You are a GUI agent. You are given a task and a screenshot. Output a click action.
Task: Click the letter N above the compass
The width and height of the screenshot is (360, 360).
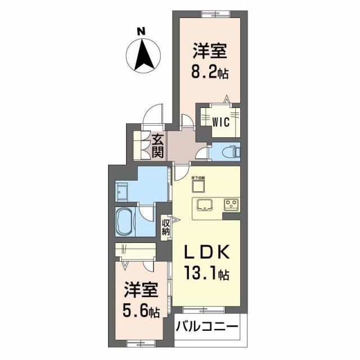pos(143,31)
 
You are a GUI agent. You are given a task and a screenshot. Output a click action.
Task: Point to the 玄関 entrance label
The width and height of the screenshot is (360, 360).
pos(157,145)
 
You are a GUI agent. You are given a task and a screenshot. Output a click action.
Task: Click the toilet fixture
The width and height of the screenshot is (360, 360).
pos(229,151)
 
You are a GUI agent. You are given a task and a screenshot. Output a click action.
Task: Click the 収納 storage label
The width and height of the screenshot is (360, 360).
pos(166,229)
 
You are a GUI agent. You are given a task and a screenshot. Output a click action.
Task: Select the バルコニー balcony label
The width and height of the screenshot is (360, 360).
pos(207,327)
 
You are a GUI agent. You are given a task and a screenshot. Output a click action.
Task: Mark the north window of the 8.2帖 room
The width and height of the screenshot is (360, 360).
pos(209,13)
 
